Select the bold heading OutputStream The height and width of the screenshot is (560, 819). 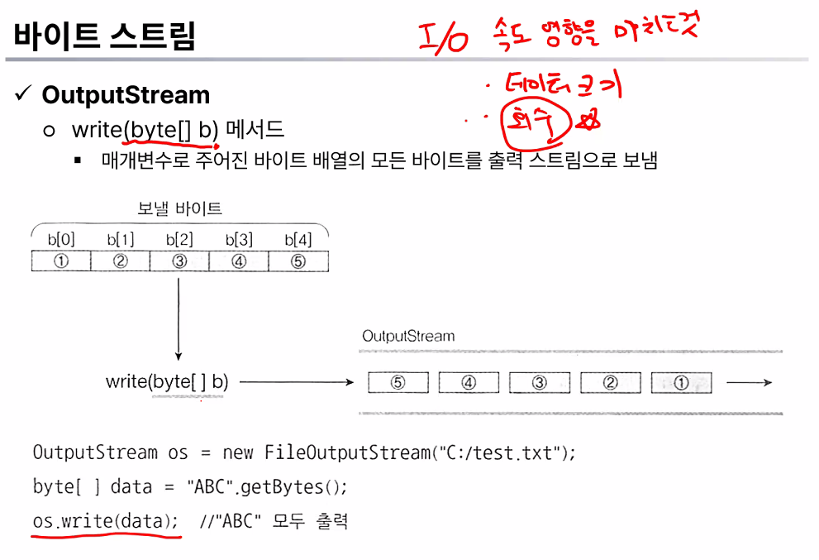point(126,95)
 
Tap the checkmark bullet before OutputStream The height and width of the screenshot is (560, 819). point(22,94)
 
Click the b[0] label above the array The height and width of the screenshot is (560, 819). point(60,240)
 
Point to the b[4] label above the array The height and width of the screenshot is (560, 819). point(298,240)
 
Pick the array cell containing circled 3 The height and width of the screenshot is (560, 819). point(179,261)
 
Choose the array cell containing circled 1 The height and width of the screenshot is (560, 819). point(60,261)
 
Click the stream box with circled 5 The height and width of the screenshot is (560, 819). point(398,383)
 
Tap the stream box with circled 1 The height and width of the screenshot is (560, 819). point(681,383)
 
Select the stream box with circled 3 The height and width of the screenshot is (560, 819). point(540,383)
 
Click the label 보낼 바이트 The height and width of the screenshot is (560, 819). point(179,209)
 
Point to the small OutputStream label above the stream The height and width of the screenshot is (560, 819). point(408,337)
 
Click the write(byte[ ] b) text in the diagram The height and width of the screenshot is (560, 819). point(167,382)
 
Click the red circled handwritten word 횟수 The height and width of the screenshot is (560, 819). point(537,124)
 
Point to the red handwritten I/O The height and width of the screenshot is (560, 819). point(444,38)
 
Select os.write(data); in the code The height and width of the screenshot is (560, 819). point(105,522)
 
